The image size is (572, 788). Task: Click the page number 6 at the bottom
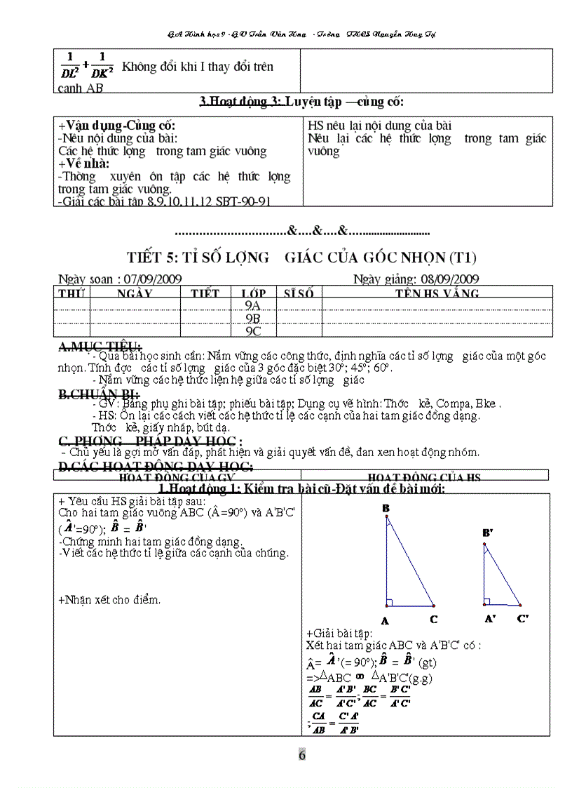point(301,755)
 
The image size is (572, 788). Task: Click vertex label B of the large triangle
point(386,508)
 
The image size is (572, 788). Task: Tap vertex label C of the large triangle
point(434,619)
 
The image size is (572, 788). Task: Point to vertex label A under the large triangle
point(385,620)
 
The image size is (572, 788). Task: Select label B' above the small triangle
point(488,533)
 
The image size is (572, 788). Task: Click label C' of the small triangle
point(523,618)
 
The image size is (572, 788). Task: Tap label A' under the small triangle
point(490,618)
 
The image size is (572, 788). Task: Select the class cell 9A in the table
point(252,305)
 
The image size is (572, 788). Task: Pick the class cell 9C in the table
point(252,330)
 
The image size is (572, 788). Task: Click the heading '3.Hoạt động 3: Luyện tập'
point(302,102)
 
